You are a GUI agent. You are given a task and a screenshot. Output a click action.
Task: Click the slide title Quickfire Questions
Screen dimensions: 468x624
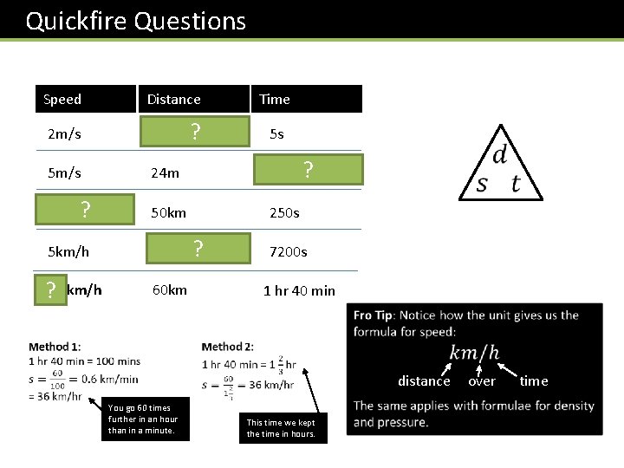136,21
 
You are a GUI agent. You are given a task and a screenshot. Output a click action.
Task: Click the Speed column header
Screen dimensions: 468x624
62,99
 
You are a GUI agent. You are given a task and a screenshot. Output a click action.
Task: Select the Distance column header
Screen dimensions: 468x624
173,99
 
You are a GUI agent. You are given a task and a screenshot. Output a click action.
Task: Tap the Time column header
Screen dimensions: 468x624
275,99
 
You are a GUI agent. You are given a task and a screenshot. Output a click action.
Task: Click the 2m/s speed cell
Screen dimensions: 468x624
64,134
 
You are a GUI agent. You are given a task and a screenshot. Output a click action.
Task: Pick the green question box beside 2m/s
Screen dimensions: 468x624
196,132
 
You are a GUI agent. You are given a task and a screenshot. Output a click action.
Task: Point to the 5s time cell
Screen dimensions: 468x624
276,134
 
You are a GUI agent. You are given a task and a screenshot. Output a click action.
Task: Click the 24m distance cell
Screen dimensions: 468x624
165,172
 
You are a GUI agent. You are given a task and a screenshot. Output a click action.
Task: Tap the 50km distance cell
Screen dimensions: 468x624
168,212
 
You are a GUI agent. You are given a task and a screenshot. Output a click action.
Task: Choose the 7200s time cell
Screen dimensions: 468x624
288,252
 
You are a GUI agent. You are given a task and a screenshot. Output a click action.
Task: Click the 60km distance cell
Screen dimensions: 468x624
169,289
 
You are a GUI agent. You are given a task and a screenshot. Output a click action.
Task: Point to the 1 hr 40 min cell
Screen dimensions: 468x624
299,290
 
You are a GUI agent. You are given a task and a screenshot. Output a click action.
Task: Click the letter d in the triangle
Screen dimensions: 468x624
499,156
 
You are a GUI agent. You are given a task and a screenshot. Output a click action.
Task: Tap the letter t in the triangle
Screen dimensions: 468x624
516,183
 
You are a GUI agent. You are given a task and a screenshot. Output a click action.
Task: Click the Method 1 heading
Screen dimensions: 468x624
55,347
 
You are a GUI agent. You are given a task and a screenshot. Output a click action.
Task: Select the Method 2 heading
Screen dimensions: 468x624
228,347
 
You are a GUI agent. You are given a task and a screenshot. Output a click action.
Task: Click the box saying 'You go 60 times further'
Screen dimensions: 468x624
145,419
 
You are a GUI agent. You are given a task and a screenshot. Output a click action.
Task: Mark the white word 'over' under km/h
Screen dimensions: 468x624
482,380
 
